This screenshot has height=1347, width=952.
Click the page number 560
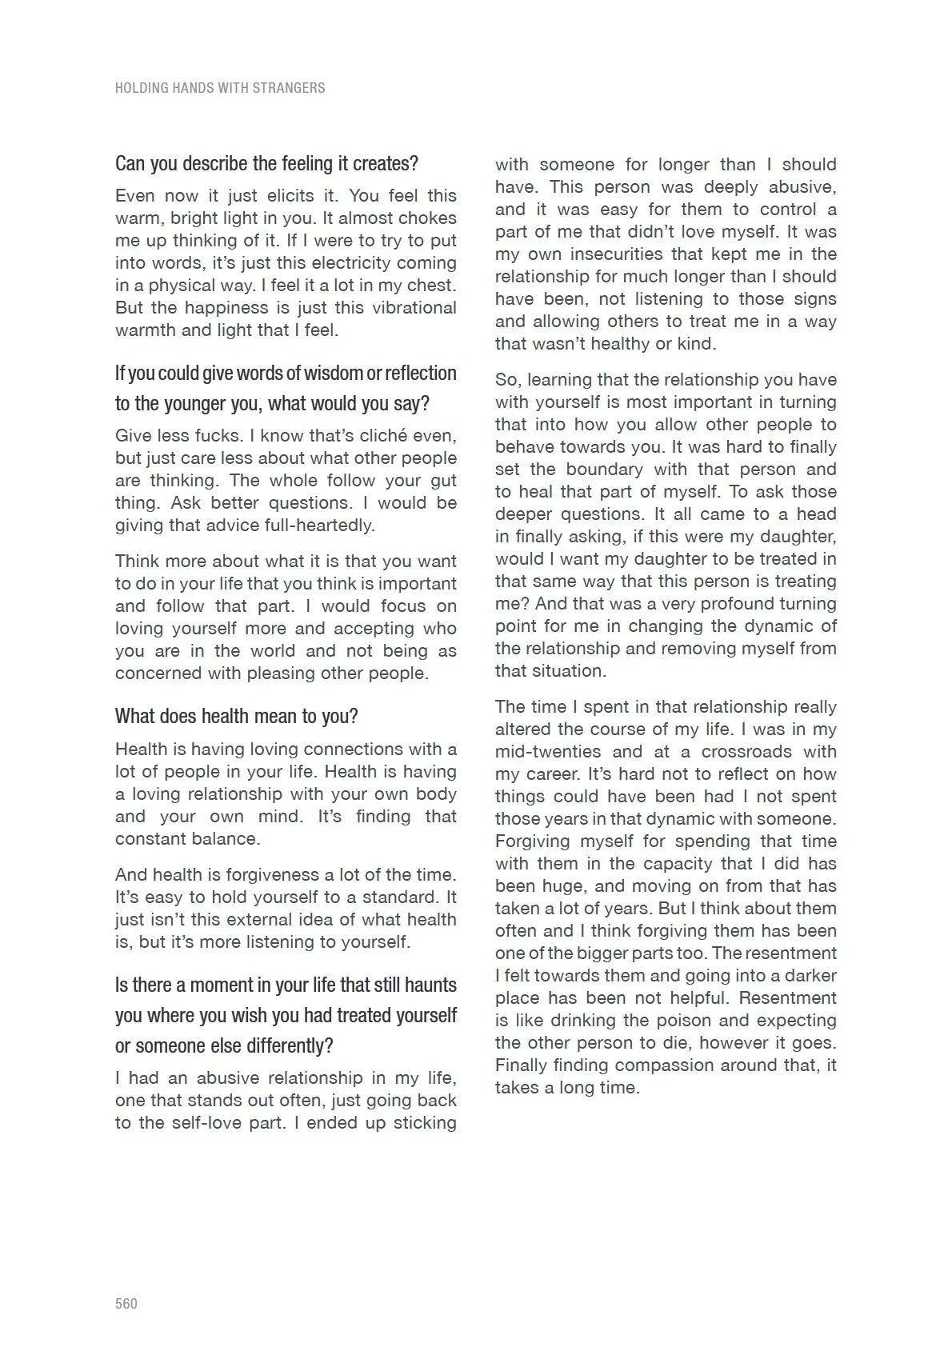tap(126, 1303)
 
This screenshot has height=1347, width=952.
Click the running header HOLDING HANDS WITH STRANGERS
tap(220, 88)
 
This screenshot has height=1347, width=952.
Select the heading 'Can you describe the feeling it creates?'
tap(266, 164)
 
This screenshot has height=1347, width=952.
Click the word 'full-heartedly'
tap(318, 526)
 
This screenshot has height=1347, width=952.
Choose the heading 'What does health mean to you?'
tap(236, 716)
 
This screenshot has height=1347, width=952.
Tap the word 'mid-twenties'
tap(547, 752)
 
